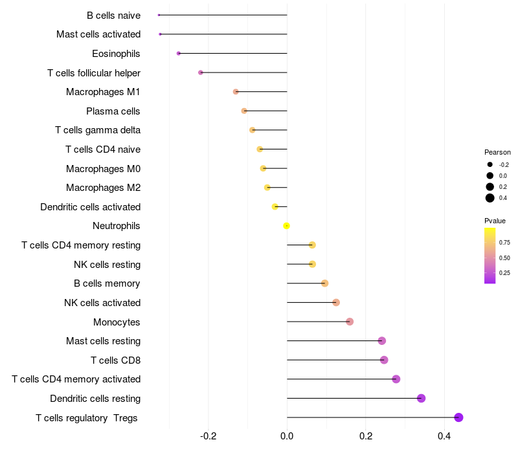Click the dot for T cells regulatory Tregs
click(459, 417)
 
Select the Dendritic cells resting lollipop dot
click(421, 398)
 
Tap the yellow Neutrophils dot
click(286, 226)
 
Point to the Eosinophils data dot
click(179, 53)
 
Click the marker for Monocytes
click(350, 322)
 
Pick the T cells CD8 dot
click(384, 360)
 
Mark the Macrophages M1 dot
click(236, 92)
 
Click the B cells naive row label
click(113, 15)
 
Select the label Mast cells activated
click(98, 34)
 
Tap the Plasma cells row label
click(113, 111)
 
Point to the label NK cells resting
click(107, 264)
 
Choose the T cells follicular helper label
click(94, 73)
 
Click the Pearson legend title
click(497, 152)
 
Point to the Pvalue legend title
click(495, 221)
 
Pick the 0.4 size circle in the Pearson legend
click(490, 198)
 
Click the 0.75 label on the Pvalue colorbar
click(504, 243)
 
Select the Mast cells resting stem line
click(333, 340)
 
